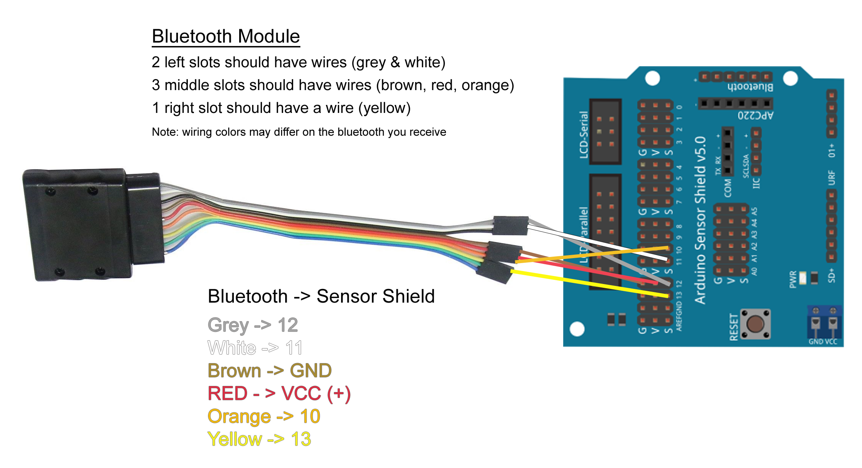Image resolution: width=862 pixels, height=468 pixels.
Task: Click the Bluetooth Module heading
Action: click(x=226, y=36)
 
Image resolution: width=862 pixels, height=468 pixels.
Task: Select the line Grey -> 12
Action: click(x=252, y=325)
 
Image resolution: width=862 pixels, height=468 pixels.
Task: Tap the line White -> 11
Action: click(x=255, y=348)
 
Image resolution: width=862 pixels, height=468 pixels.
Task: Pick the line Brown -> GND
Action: click(x=270, y=371)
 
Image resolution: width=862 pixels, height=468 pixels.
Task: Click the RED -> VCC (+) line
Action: click(x=279, y=394)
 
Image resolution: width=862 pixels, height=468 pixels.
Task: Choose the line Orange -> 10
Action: click(x=264, y=417)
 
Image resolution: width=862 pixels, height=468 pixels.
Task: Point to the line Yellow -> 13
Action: click(x=259, y=439)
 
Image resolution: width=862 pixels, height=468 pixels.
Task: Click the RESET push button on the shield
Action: click(x=755, y=324)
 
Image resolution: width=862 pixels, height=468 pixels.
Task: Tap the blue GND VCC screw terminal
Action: click(x=824, y=323)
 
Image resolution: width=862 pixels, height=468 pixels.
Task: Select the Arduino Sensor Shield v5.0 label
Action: click(x=700, y=221)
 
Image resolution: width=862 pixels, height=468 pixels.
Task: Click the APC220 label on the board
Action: click(x=756, y=115)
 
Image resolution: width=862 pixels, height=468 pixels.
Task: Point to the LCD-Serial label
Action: click(x=584, y=135)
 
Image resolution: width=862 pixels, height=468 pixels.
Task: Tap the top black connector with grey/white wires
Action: click(x=510, y=225)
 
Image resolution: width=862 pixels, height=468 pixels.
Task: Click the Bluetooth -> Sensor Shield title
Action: click(x=321, y=297)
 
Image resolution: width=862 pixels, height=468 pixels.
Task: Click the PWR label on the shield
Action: click(x=793, y=279)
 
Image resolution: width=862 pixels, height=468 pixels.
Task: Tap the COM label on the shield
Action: click(x=727, y=188)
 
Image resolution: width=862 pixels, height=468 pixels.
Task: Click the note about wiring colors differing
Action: click(x=299, y=132)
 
